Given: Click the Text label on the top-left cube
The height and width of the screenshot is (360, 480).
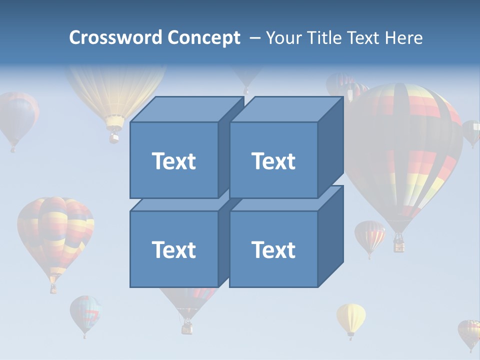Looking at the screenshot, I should (173, 161).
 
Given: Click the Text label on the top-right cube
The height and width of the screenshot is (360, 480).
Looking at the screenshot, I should (273, 161).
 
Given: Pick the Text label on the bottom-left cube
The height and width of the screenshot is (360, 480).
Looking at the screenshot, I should (173, 249).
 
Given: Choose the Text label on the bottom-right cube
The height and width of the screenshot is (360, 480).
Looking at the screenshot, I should (273, 249).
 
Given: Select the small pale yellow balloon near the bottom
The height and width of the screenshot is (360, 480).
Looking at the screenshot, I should (350, 317).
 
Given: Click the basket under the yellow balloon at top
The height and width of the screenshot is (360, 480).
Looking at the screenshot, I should (114, 135).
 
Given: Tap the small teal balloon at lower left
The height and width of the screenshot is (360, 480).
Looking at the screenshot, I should (85, 313).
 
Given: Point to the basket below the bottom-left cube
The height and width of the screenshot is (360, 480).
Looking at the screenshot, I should (187, 327).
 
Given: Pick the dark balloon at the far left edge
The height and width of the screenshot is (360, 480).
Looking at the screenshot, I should (17, 117).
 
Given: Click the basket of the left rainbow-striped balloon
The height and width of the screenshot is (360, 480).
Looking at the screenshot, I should (53, 288).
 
